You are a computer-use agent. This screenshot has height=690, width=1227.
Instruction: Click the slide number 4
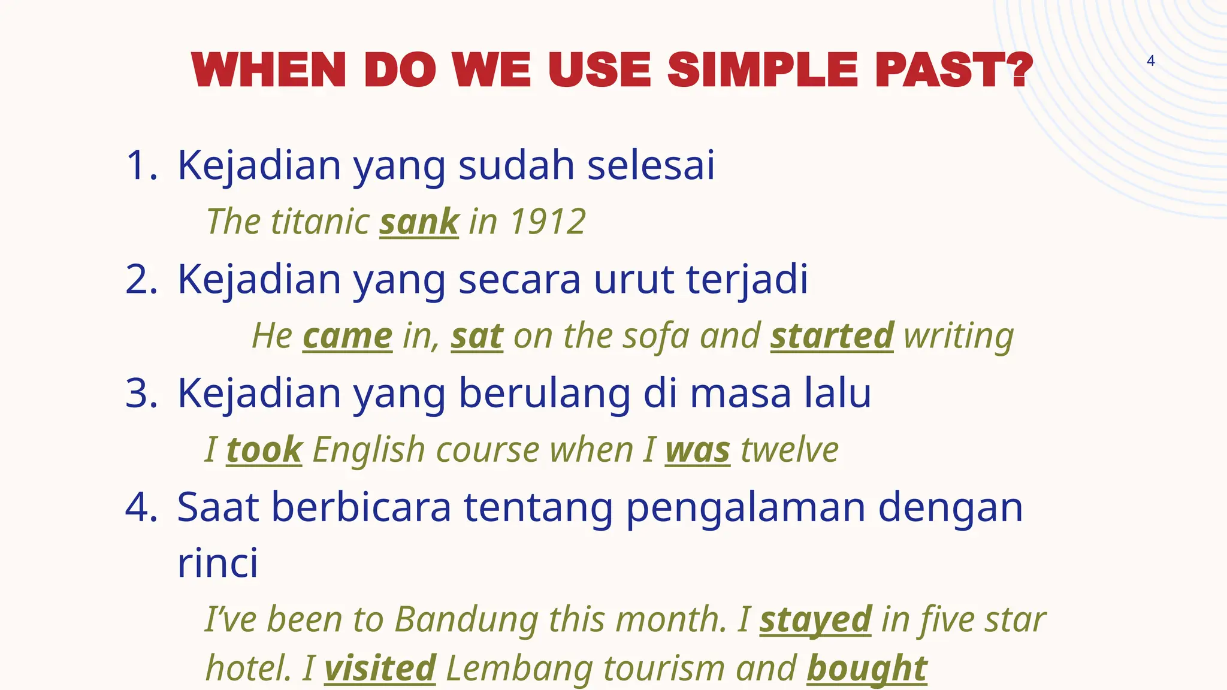pos(1150,60)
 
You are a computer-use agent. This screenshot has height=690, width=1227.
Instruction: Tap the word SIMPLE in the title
pos(764,70)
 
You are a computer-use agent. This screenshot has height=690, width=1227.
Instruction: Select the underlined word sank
pos(419,222)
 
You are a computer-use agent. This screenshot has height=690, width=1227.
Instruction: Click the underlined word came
pos(347,336)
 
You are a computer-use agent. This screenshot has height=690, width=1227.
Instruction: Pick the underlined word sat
pos(477,336)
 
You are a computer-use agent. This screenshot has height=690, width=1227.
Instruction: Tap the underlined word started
pos(832,336)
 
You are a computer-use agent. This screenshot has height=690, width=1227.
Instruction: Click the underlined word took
pos(264,450)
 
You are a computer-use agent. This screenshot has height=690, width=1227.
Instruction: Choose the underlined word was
pos(697,450)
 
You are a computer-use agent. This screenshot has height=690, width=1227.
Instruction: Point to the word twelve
pos(789,450)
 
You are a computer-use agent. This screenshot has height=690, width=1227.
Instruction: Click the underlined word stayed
pos(815,620)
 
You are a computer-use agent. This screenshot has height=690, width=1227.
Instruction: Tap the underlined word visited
pos(380,668)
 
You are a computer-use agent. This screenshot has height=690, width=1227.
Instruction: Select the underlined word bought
pos(866,668)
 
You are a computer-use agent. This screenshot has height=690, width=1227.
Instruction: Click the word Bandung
pos(466,619)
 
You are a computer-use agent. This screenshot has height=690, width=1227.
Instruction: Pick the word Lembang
pos(519,668)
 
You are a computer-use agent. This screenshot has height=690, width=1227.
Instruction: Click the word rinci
pos(217,563)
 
